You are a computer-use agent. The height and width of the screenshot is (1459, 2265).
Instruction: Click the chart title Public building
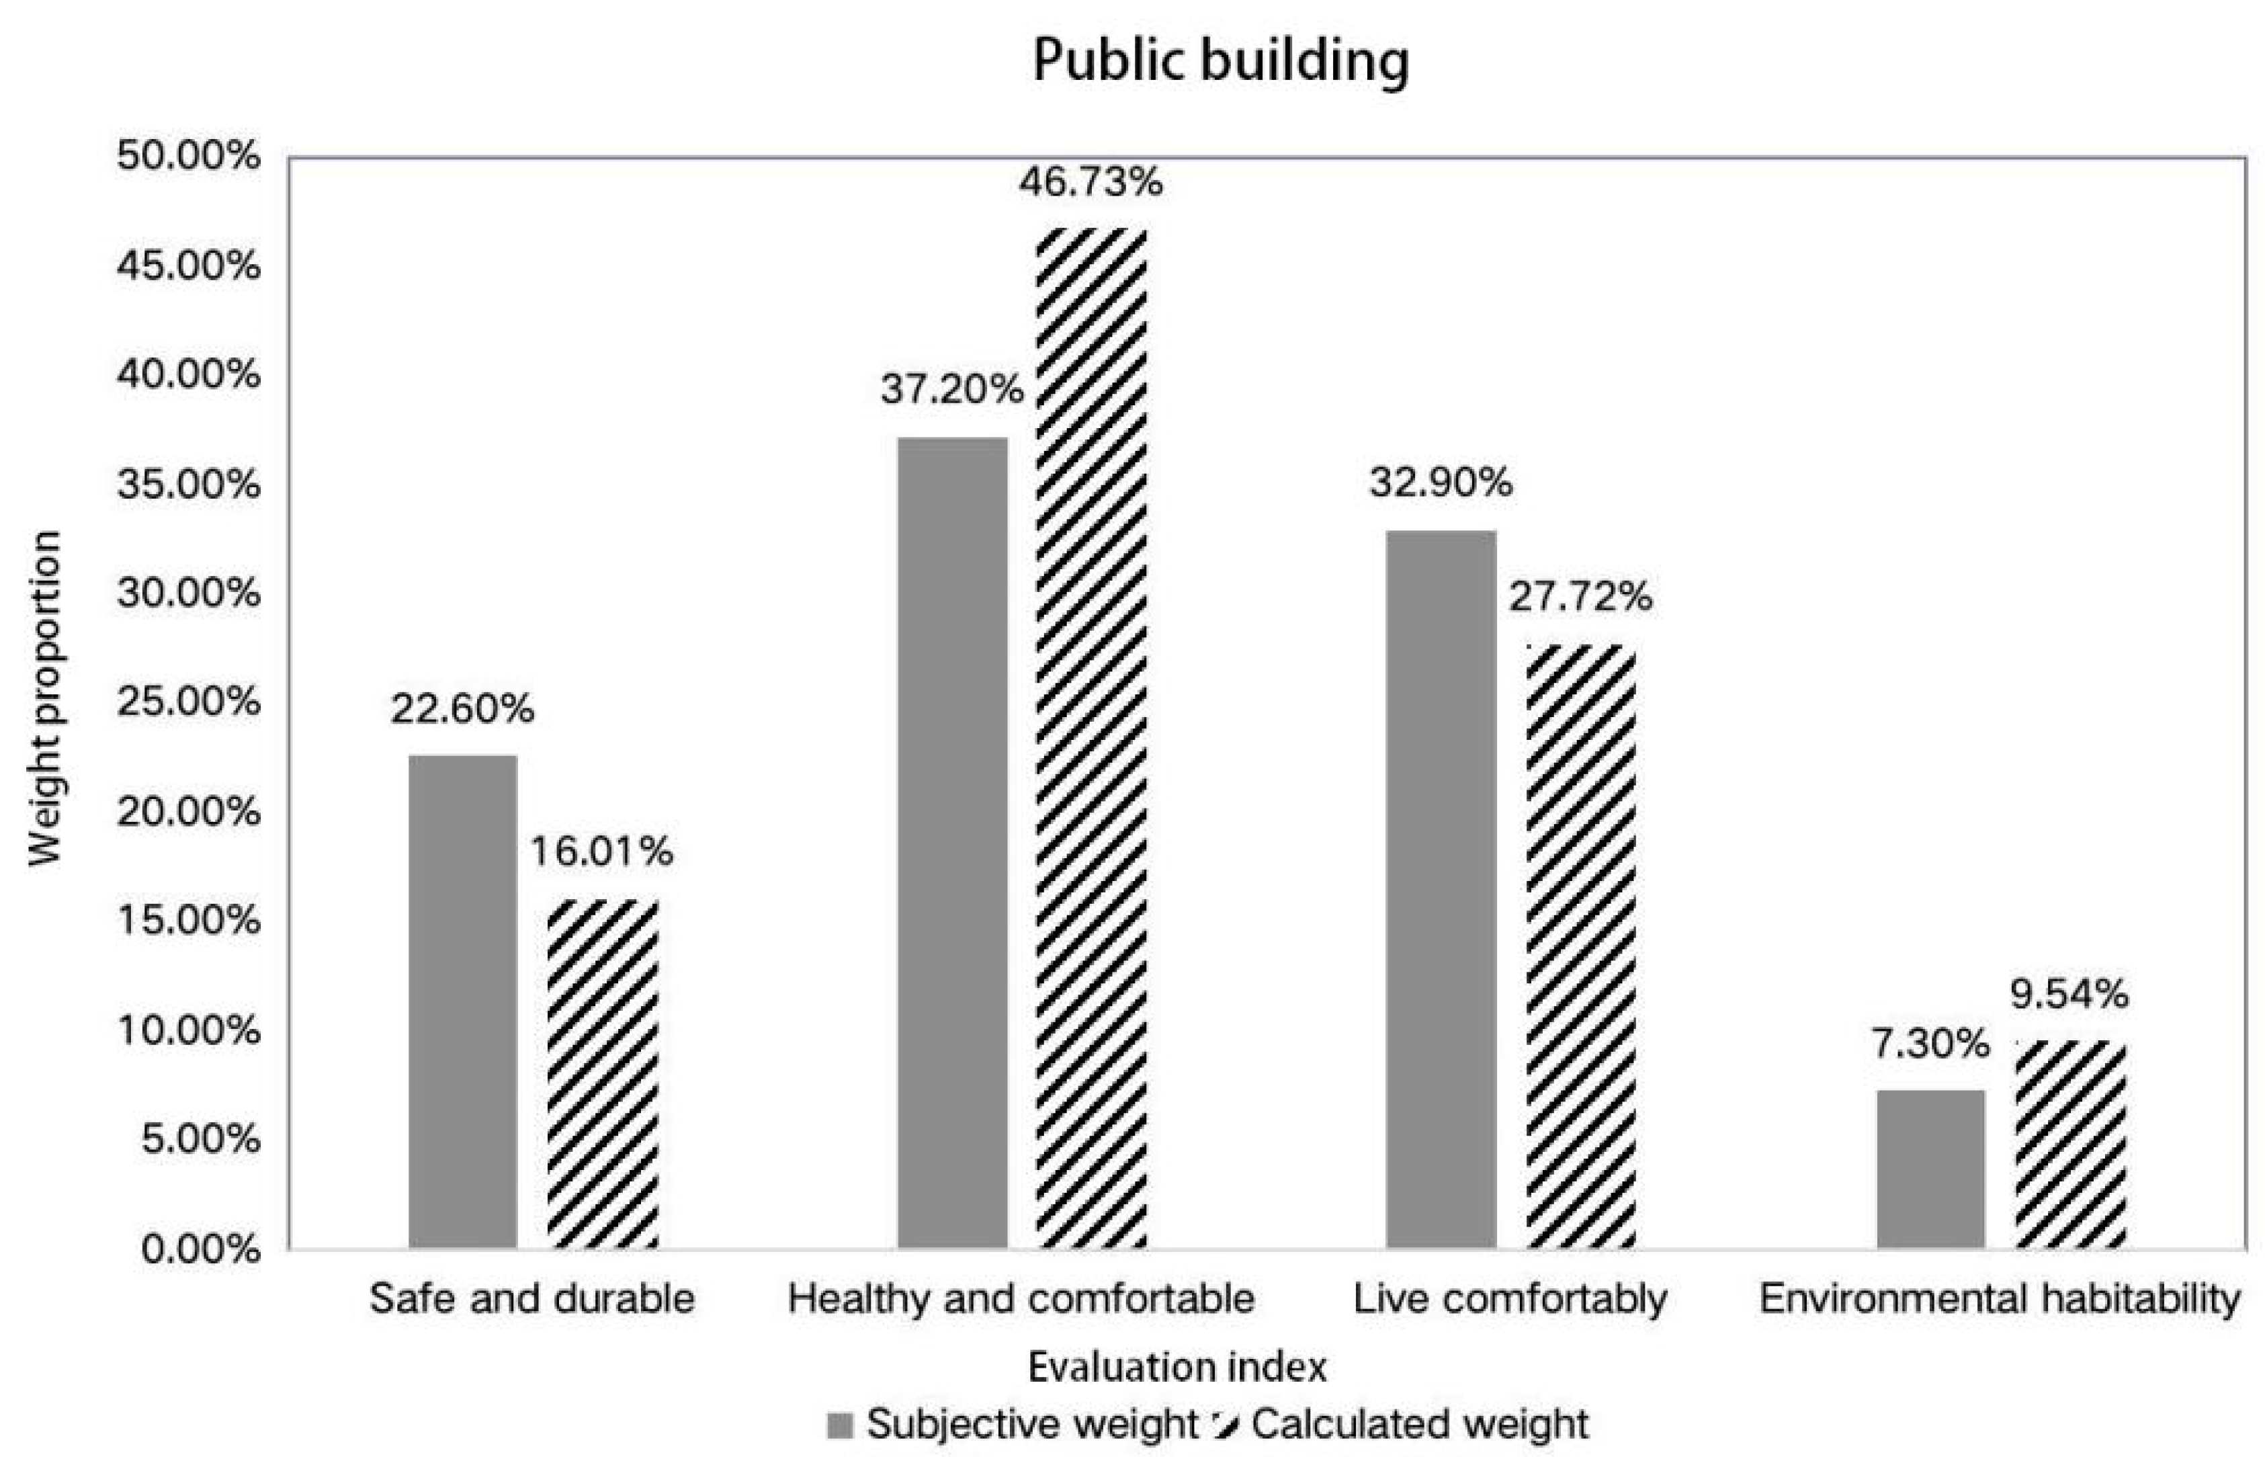pos(1220,60)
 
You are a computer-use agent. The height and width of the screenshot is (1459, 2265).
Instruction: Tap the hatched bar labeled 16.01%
pos(603,1073)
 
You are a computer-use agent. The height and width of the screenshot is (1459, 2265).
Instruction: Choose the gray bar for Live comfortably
pos(1441,888)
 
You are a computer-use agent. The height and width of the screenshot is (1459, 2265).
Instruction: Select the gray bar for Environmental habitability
pos(1930,1169)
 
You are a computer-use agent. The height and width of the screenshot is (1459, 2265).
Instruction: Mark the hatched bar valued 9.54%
pos(2070,1144)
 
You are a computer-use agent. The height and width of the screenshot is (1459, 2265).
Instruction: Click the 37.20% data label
pos(952,389)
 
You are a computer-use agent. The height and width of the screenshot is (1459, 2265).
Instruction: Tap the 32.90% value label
pos(1441,483)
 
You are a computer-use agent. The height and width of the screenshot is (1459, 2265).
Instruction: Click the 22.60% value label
pos(462,708)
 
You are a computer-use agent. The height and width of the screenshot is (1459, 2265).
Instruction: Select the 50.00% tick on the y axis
pos(189,157)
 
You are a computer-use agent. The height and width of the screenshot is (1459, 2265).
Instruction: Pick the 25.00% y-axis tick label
pos(189,703)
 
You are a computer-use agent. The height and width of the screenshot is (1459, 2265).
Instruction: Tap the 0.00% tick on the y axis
pos(201,1249)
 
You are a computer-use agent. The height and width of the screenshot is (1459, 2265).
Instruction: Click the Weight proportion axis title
pos(44,698)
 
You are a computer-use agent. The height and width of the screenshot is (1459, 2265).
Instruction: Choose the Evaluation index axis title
pos(1177,1367)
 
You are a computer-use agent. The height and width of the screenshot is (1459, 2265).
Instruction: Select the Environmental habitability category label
pos(1999,1298)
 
